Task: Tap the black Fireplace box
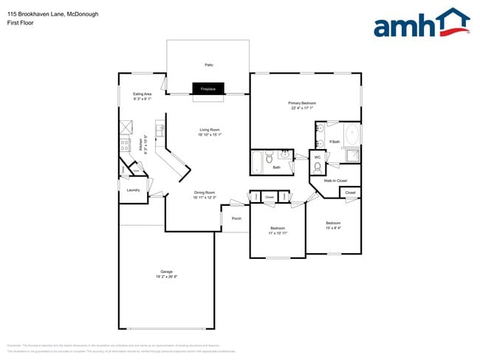208,89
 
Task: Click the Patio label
209,66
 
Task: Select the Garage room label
167,271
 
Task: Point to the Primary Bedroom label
303,103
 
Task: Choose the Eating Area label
142,94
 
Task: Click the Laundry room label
133,190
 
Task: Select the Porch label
236,218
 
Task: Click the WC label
318,156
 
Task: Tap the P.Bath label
335,142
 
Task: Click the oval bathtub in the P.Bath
352,134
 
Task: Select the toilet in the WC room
318,167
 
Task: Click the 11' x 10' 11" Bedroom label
278,228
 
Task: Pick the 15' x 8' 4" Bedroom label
333,223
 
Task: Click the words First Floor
19,22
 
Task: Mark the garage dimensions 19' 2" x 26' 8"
167,277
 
